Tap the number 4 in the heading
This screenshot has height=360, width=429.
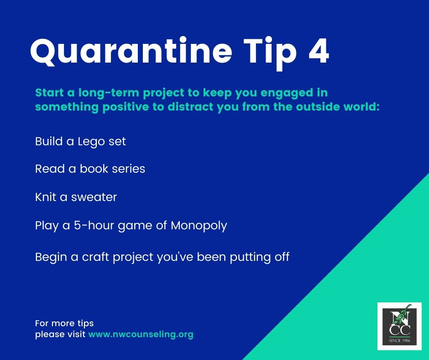point(319,50)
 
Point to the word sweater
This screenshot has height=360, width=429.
point(94,197)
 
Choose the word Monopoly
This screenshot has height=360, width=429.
point(199,226)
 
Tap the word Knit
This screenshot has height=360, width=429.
point(46,197)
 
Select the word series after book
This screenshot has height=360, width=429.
point(128,169)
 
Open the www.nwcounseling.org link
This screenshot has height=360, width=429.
point(141,334)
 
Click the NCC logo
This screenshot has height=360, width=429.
point(399,326)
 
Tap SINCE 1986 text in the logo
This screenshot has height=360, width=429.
point(400,340)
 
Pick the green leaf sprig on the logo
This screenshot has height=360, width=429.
point(402,315)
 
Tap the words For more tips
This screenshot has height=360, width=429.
point(64,323)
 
